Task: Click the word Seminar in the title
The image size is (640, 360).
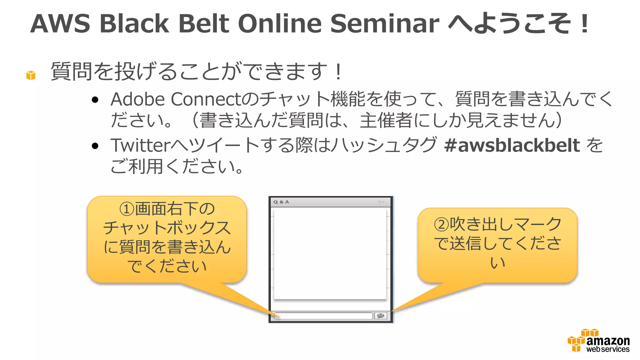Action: pos(384,24)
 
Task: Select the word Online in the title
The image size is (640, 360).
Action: pos(280,24)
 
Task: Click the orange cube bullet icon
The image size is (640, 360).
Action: pos(31,75)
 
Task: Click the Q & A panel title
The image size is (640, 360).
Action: pos(281,202)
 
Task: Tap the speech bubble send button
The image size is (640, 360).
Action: pos(381,316)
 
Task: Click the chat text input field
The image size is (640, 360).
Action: pos(323,316)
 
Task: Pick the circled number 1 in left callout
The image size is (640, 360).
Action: pos(127,209)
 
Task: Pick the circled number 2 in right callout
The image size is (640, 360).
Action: pos(441,224)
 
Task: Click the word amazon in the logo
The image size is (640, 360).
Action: pos(608,340)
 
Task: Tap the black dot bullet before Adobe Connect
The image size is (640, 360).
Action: pos(95,100)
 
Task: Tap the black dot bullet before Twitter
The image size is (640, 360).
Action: pos(95,146)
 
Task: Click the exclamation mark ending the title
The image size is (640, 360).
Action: pos(585,24)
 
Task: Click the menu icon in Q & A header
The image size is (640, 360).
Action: pos(381,202)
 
